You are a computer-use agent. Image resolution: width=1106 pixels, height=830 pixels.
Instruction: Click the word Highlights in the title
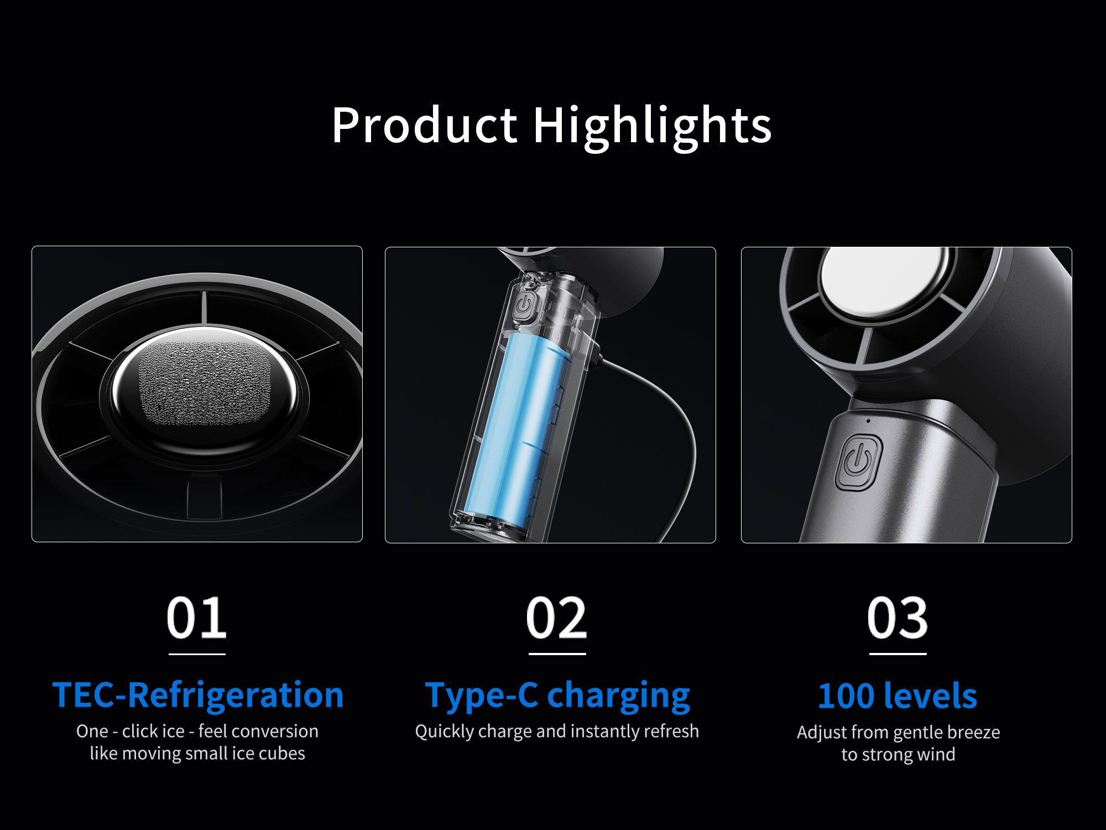click(652, 127)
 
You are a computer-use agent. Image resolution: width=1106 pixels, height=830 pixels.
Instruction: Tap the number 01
click(196, 618)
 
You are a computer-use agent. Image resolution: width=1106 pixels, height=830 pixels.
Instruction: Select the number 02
click(556, 618)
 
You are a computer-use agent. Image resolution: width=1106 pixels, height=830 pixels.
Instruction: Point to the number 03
click(898, 618)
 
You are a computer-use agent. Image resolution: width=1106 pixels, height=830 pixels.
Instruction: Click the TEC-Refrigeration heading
click(198, 696)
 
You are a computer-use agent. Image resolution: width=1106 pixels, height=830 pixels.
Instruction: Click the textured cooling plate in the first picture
click(205, 383)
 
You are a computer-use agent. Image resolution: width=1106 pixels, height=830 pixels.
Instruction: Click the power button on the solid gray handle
click(858, 462)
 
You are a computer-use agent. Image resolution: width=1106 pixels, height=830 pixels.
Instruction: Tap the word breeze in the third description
click(973, 732)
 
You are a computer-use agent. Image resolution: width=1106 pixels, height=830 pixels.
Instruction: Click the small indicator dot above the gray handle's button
click(868, 421)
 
